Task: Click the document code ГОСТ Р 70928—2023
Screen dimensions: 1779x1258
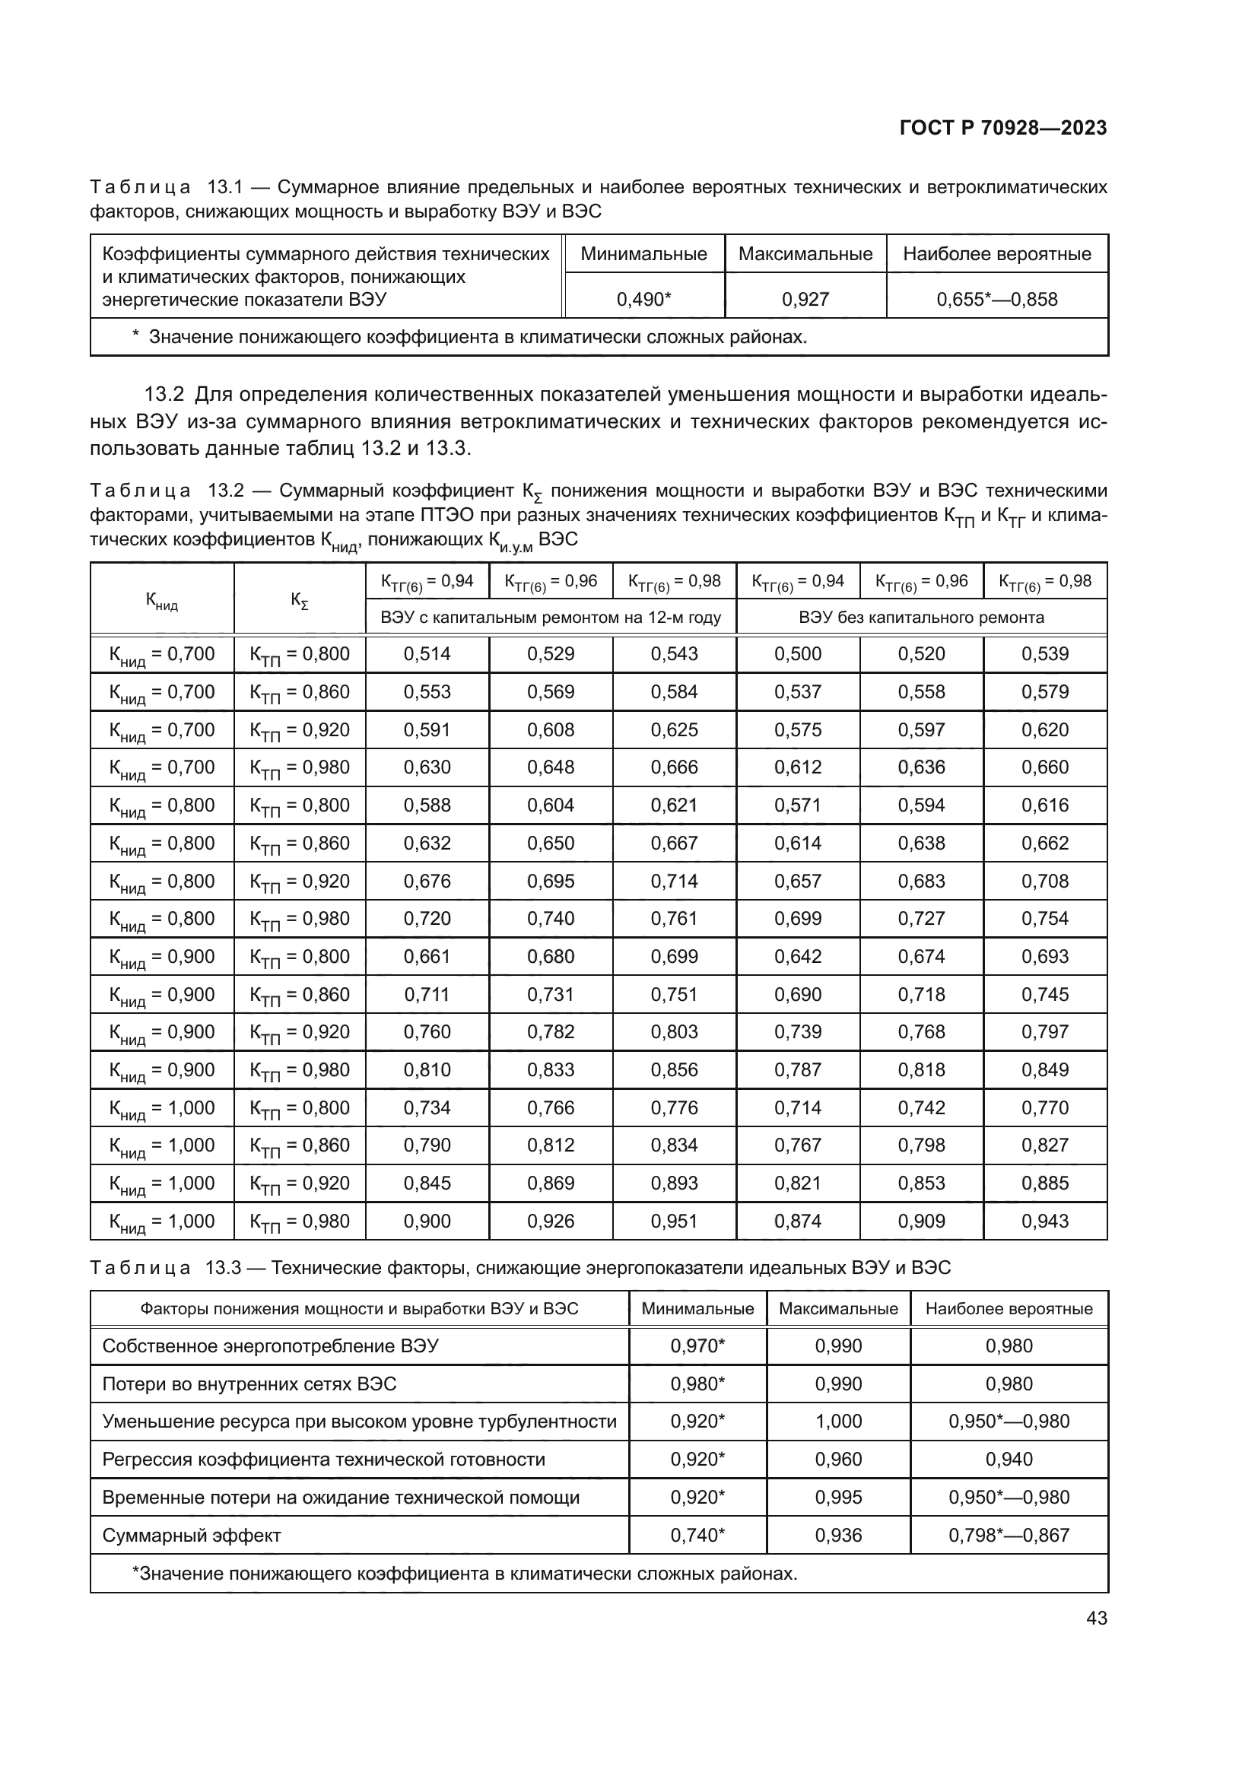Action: tap(1003, 128)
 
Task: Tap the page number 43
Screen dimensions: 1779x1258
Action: tap(1096, 1618)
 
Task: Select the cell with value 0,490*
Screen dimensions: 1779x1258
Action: tap(643, 299)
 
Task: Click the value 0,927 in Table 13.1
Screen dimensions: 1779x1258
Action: tap(805, 299)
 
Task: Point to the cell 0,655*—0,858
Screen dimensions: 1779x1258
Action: tap(996, 299)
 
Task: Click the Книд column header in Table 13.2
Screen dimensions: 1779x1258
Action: tap(162, 599)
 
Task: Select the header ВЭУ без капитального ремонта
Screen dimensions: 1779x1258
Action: tap(921, 618)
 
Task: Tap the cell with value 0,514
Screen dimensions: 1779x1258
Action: tap(427, 654)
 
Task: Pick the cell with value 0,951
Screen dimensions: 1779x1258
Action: tap(674, 1221)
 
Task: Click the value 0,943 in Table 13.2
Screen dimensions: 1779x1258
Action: tap(1044, 1221)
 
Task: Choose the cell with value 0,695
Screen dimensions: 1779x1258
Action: tap(551, 881)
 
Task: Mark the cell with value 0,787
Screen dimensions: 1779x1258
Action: tap(798, 1070)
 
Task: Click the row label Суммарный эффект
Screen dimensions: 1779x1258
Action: tap(192, 1536)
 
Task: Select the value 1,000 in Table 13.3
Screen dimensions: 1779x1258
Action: tap(838, 1422)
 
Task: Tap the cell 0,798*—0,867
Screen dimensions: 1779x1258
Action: tap(1009, 1536)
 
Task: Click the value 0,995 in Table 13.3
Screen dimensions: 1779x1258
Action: tap(838, 1498)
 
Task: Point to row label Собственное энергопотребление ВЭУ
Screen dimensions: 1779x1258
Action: tap(270, 1346)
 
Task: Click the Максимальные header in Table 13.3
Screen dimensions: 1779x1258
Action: tap(838, 1309)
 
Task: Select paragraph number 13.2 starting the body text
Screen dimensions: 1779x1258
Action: tap(164, 396)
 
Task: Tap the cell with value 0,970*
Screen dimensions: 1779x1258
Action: tap(697, 1346)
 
